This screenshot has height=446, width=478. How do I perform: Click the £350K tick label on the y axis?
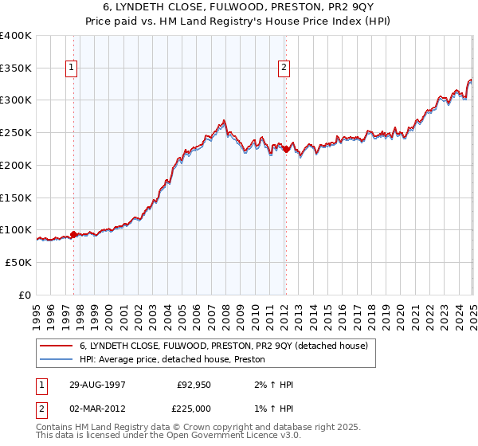tap(16, 68)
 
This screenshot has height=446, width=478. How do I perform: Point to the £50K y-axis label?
tap(18, 262)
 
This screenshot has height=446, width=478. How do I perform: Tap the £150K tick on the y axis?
tap(16, 198)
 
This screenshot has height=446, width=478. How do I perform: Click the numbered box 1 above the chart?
tap(72, 68)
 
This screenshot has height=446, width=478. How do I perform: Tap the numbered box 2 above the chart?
tap(284, 68)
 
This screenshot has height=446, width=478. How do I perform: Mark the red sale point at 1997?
tap(74, 234)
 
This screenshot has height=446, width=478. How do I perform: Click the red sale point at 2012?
tap(285, 149)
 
